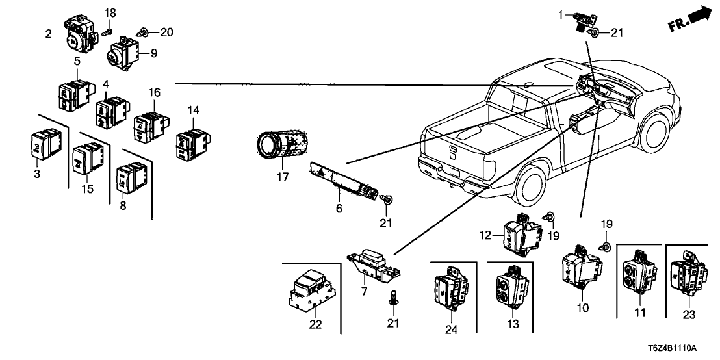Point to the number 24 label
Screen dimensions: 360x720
pos(452,330)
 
